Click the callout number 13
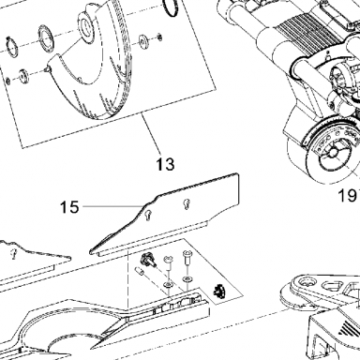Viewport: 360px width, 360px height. click(x=165, y=164)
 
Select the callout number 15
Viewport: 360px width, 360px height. click(x=69, y=207)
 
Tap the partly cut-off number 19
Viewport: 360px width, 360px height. click(x=349, y=196)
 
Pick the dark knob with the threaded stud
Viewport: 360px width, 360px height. click(x=147, y=260)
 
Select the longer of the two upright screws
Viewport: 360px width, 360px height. click(x=187, y=257)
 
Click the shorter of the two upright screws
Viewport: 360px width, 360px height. click(x=168, y=262)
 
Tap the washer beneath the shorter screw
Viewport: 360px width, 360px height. click(x=169, y=284)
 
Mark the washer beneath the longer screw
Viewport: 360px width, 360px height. click(x=187, y=278)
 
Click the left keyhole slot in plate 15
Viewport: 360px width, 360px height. click(x=148, y=215)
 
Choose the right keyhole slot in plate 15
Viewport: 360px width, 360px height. click(x=187, y=203)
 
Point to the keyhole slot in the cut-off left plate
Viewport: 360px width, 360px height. click(x=13, y=253)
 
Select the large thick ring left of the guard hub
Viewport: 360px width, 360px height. click(x=47, y=38)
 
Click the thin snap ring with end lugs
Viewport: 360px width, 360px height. click(x=12, y=47)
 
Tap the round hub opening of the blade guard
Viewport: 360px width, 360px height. click(x=85, y=26)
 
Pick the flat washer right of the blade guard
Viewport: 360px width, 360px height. click(x=143, y=41)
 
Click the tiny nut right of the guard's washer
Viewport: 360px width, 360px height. click(x=159, y=37)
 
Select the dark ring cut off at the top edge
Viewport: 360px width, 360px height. click(x=171, y=7)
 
